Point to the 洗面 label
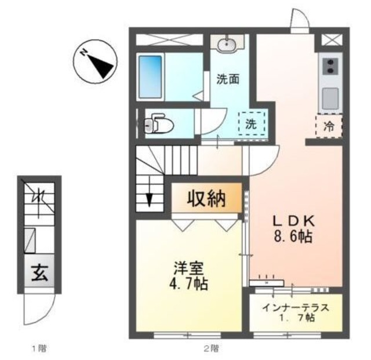point(228,79)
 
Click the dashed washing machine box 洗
point(250,123)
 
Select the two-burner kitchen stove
point(330,66)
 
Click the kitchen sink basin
point(330,97)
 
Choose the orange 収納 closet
point(205,199)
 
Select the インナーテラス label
point(296,307)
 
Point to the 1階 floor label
point(39,348)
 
